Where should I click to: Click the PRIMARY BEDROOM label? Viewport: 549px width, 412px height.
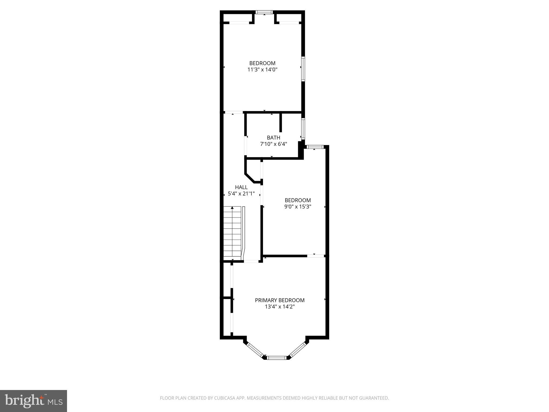280,300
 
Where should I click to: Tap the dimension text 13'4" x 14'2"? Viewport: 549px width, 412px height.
280,307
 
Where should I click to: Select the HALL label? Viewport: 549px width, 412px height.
241,187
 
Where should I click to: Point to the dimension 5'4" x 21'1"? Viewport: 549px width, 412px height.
241,193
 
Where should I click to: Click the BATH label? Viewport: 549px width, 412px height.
273,138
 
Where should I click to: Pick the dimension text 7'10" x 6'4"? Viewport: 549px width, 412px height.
273,144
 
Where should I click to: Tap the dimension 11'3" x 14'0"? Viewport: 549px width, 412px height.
262,70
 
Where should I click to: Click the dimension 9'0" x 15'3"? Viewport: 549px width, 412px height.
298,207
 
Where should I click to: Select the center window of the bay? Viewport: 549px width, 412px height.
277,358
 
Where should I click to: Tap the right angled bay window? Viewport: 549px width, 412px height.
298,350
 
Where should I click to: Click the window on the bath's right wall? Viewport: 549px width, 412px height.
303,129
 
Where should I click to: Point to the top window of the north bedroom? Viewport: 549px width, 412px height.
264,12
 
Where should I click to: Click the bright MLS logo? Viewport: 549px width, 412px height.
34,401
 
